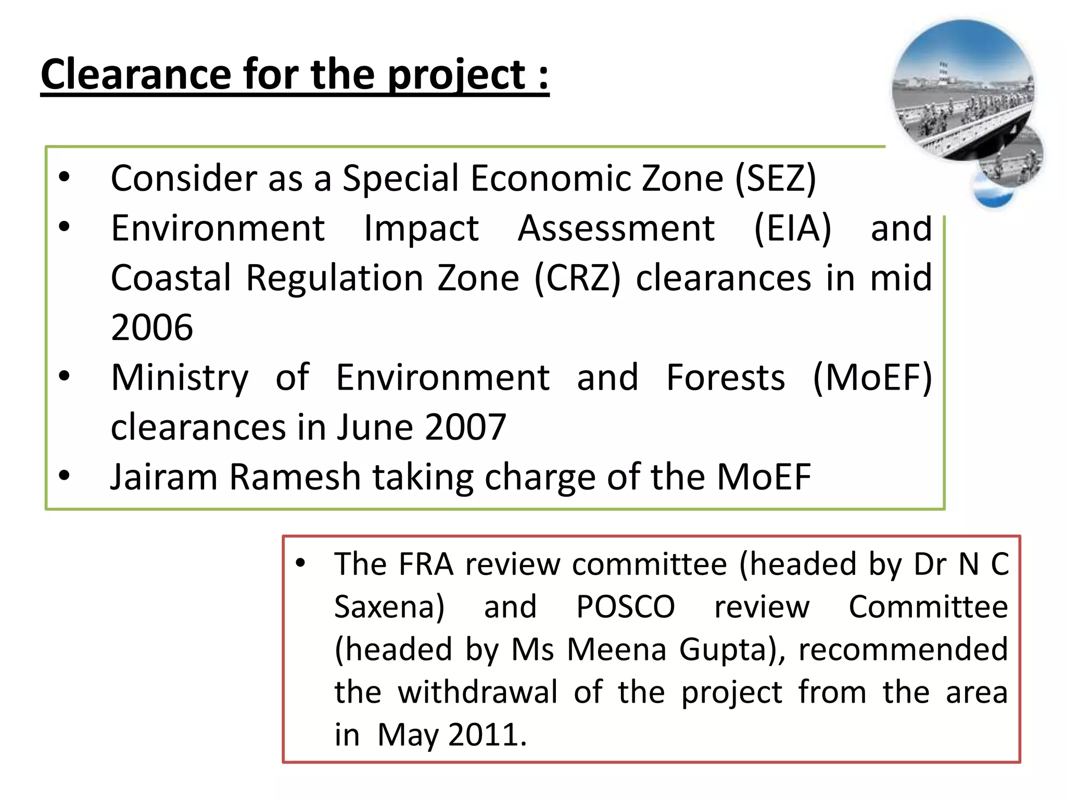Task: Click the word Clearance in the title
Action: [135, 74]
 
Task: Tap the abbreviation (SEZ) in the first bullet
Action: [776, 179]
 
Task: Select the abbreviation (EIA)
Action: [792, 228]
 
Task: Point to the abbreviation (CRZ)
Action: [578, 278]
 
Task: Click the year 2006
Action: [152, 328]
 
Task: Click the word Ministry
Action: [180, 378]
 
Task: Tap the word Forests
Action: [725, 378]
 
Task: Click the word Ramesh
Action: [295, 477]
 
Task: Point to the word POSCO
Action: [625, 607]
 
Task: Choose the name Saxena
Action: [389, 607]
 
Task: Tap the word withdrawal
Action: [477, 692]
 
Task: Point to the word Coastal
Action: [171, 278]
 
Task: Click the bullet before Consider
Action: [64, 177]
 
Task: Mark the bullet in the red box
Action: [300, 563]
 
